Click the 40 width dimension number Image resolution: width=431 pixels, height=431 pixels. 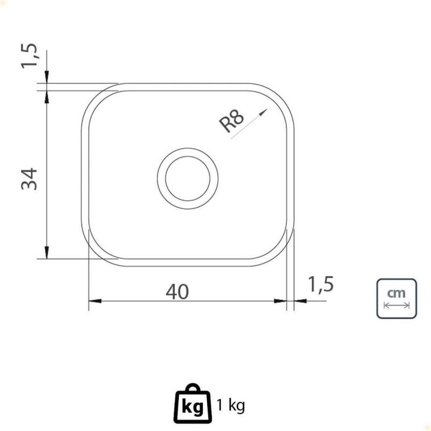coord(177,291)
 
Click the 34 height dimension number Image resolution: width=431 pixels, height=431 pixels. coord(29,179)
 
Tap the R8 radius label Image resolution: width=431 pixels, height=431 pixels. coord(232,120)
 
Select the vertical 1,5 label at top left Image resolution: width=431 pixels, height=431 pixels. coord(29,55)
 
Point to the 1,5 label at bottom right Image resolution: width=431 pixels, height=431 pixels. coord(321,284)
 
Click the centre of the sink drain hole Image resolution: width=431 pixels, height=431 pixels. coord(187,178)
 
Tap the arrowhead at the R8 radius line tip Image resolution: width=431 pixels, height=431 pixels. coord(263,112)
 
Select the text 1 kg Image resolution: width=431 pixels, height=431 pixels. coord(231,405)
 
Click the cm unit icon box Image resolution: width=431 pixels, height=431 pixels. coord(397,298)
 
